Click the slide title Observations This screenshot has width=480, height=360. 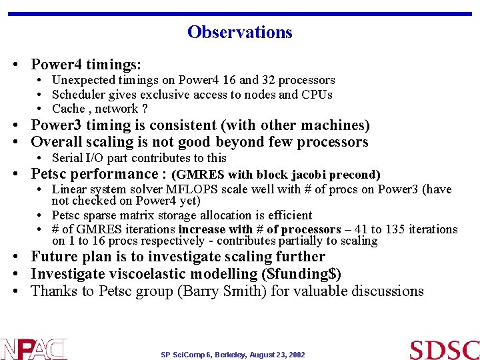coord(239,32)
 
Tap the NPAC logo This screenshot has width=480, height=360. coord(33,349)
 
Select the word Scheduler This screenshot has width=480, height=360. coord(78,95)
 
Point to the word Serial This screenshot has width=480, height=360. coord(67,158)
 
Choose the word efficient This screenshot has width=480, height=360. coord(288,215)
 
